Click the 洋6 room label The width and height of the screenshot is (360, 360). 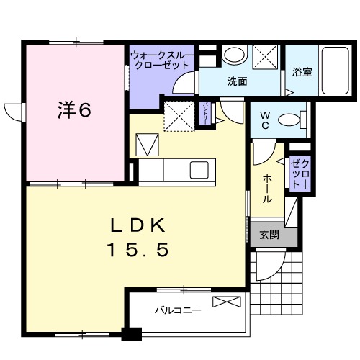coord(73,111)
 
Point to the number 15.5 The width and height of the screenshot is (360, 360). coord(138,250)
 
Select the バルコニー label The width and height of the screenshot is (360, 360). coord(176,312)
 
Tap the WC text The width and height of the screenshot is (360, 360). coord(263,119)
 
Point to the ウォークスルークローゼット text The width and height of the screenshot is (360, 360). coord(162,59)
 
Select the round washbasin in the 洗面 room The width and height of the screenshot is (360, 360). coord(233,55)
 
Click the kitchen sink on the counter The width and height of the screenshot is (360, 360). coord(197,170)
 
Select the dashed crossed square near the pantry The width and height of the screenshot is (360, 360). coord(177,115)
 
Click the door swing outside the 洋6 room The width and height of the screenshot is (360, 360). coord(14,112)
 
